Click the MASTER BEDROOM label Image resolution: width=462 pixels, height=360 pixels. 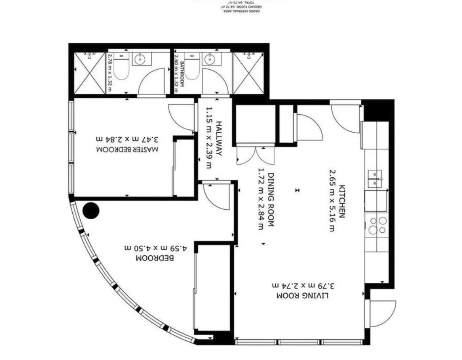coord(128,150)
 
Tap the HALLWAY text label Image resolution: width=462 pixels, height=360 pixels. coord(219,139)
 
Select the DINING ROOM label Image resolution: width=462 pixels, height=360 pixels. coord(271,200)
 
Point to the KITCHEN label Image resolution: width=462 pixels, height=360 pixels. coord(342,201)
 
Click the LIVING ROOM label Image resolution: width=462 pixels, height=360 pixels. coord(302,296)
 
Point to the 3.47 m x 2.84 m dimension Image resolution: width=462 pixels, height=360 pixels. coord(128,139)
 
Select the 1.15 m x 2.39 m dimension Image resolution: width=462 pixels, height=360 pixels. coord(209,139)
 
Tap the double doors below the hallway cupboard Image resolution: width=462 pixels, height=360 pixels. coord(256,155)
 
